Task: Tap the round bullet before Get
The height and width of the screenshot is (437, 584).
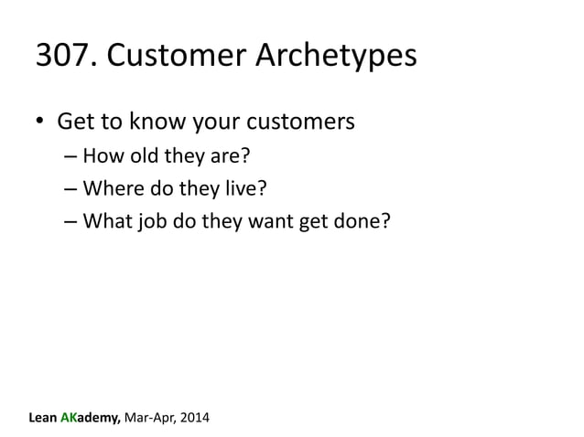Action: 40,122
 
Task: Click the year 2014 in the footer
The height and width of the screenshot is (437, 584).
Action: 191,419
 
